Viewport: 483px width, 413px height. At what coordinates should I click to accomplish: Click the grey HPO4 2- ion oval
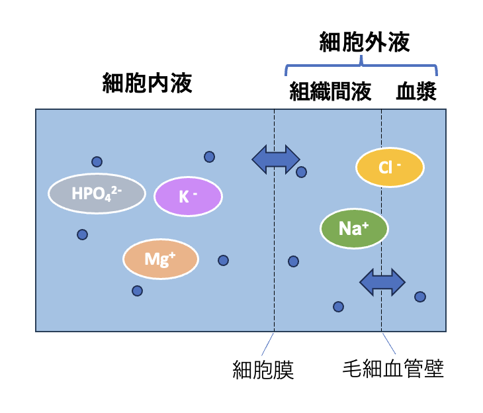pos(97,194)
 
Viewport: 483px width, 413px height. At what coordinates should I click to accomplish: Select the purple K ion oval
pos(188,197)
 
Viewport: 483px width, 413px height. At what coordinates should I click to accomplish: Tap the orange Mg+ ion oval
pos(161,259)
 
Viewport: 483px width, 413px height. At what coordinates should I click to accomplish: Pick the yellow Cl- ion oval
pos(390,168)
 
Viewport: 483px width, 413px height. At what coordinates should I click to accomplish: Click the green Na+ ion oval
pos(354,229)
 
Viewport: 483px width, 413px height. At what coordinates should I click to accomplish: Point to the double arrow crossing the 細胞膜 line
pos(276,158)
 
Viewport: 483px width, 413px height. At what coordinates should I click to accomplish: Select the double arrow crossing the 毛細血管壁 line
pos(382,283)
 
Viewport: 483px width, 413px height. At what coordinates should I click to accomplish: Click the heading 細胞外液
pos(365,43)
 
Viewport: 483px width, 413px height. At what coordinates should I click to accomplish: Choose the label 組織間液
pos(330,92)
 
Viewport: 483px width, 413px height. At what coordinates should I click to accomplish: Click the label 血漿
pos(416,92)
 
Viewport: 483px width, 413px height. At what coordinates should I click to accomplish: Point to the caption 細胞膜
pos(263,369)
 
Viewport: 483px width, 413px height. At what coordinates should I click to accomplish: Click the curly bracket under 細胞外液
pos(362,64)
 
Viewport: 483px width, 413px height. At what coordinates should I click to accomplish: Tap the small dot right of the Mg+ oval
pos(223,261)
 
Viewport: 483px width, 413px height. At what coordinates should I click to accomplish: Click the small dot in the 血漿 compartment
pos(419,297)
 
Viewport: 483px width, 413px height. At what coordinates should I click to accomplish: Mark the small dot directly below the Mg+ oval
pos(137,291)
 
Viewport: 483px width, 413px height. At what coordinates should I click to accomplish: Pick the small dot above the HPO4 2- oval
pos(97,161)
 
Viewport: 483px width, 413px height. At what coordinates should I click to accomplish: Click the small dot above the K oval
pos(209,157)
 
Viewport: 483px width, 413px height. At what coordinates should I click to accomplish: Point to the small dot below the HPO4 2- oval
pos(82,234)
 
